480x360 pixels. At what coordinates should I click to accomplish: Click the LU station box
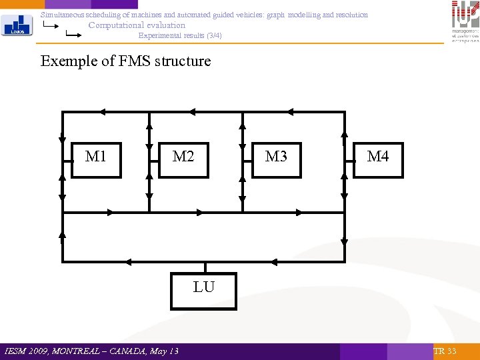[203, 290]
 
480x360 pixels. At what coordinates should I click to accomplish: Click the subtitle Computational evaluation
[137, 25]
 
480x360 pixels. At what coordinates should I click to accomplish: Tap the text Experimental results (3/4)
[179, 35]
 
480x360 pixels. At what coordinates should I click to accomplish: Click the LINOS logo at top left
[15, 25]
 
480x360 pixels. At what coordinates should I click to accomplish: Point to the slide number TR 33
[445, 351]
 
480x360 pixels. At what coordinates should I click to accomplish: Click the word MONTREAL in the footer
[81, 351]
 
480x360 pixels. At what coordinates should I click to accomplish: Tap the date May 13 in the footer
[165, 351]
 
